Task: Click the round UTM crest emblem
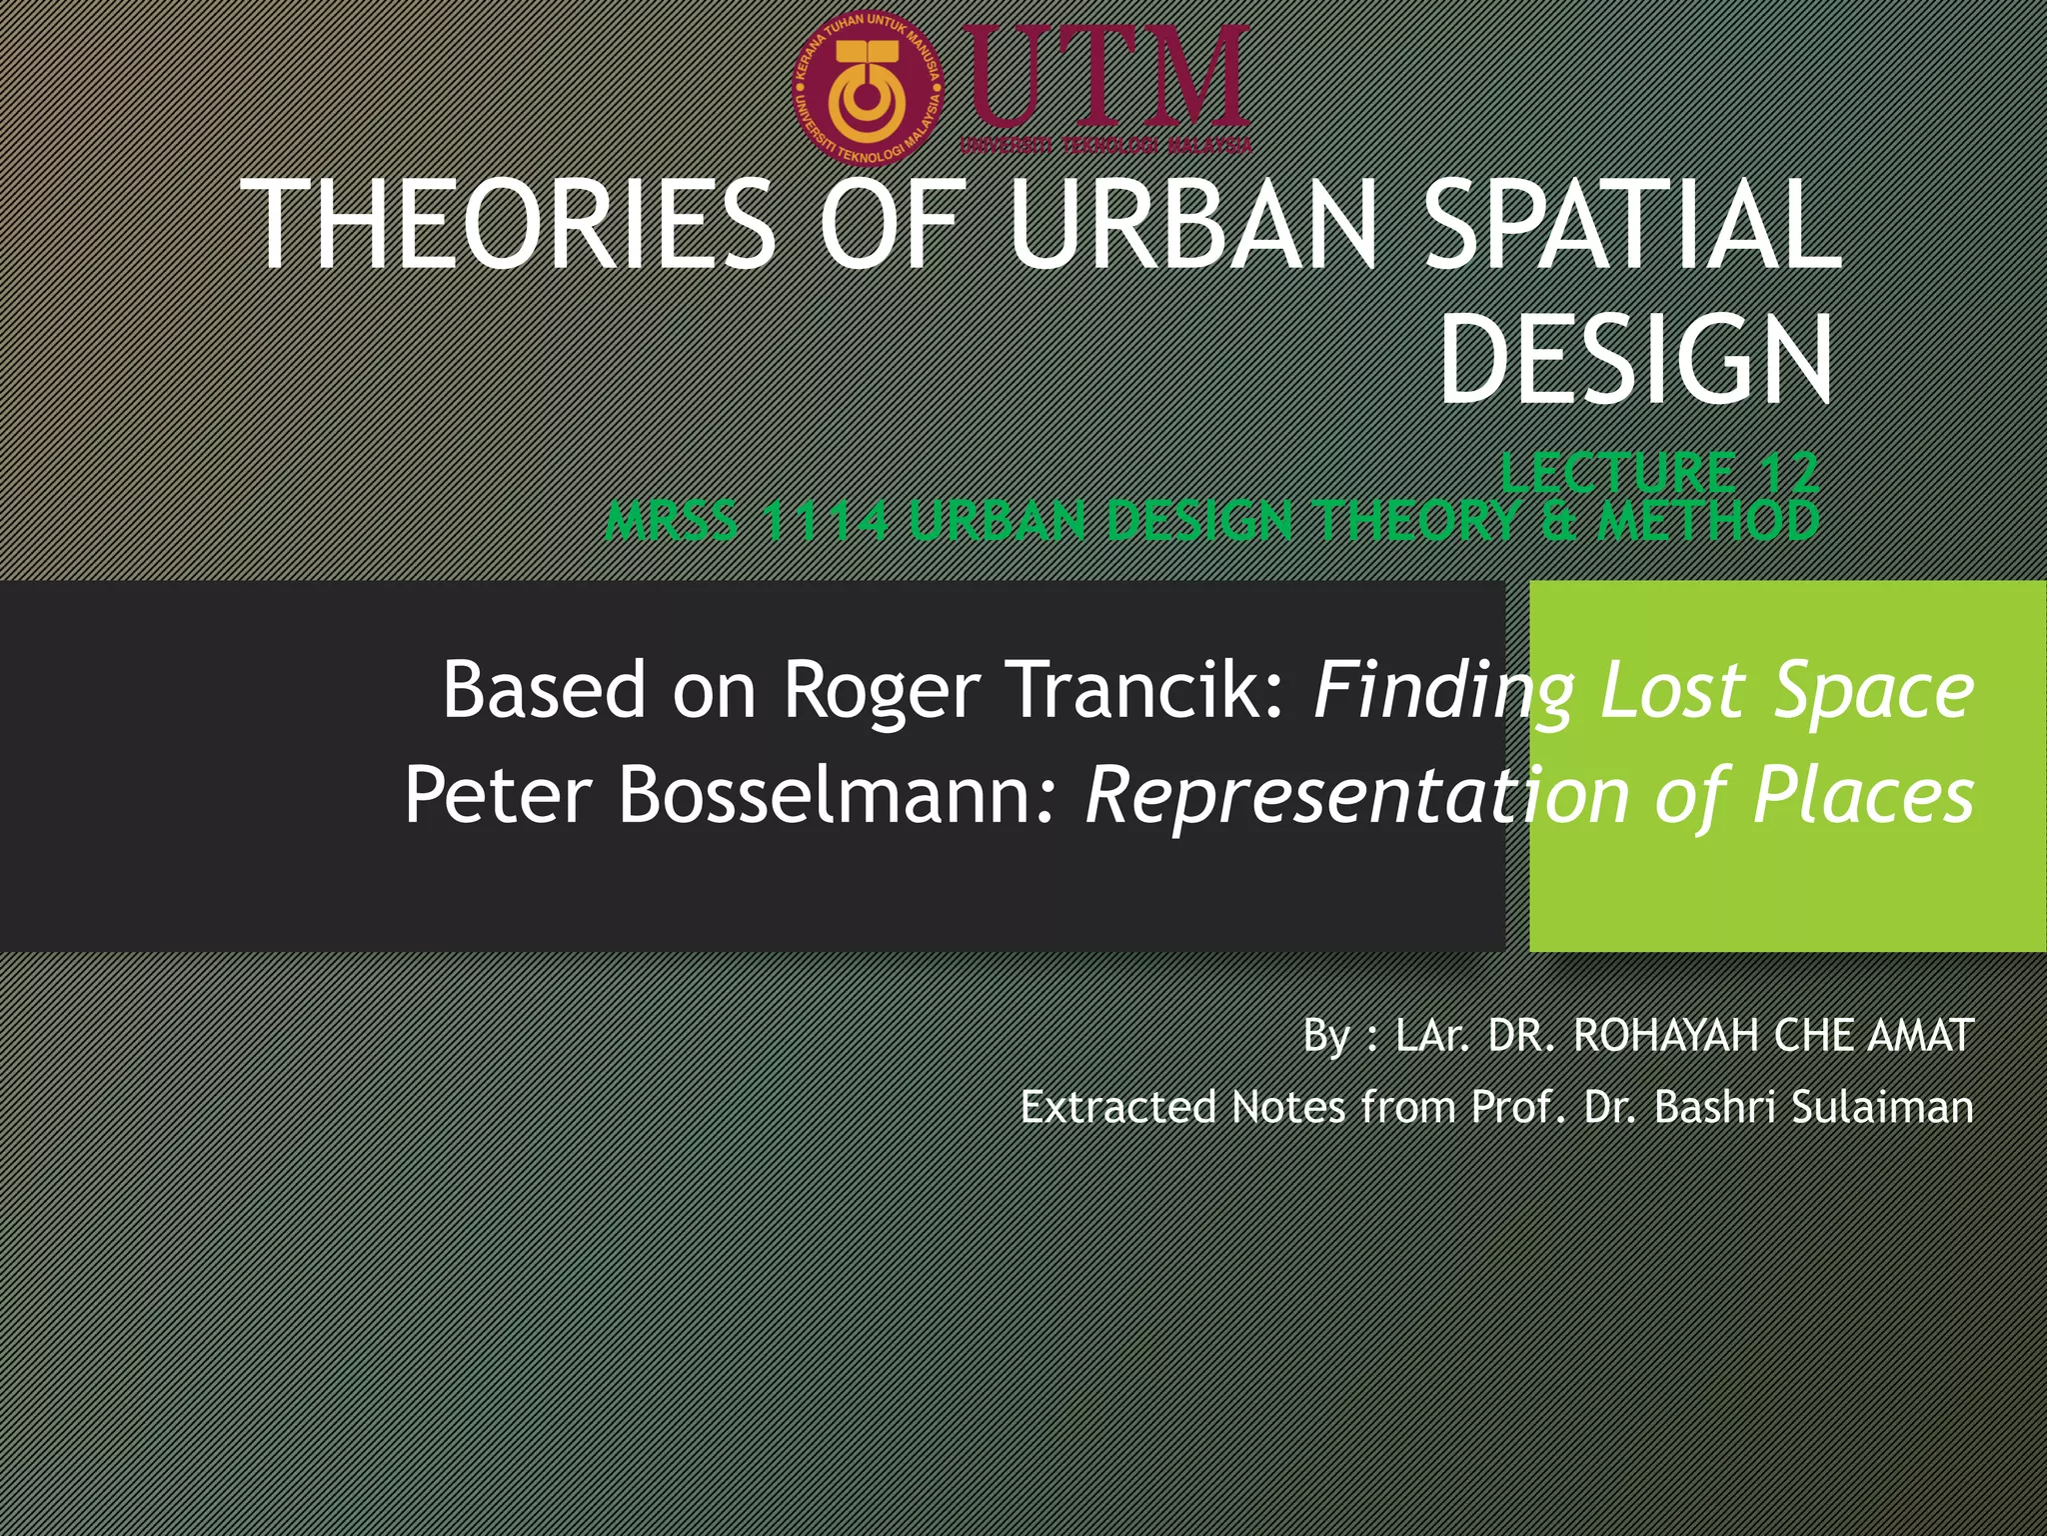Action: [x=869, y=91]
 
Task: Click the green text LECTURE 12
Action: [x=1659, y=472]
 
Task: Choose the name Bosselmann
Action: [x=836, y=795]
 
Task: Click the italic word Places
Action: [x=1863, y=795]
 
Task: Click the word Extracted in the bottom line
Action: [x=1117, y=1107]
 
